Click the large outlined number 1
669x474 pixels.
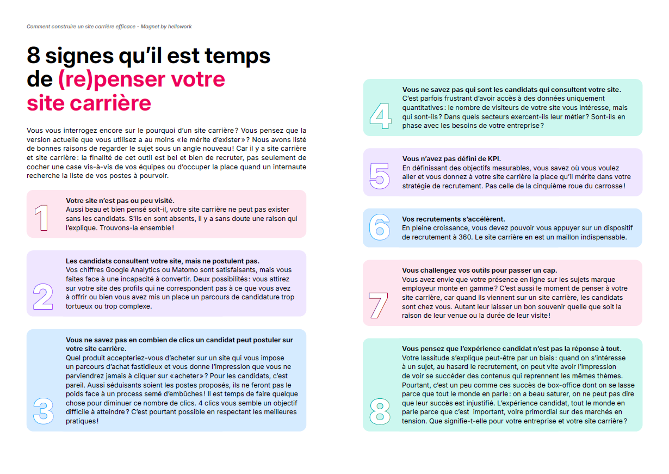click(41, 218)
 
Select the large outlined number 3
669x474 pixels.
click(44, 411)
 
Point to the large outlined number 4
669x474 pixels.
click(380, 115)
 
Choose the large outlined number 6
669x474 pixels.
click(380, 227)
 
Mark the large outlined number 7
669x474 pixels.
click(379, 305)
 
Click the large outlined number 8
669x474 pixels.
click(380, 411)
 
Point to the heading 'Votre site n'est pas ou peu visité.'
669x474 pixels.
click(120, 200)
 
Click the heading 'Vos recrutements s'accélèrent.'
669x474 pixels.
click(453, 219)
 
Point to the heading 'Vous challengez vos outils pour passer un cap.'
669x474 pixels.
click(479, 270)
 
